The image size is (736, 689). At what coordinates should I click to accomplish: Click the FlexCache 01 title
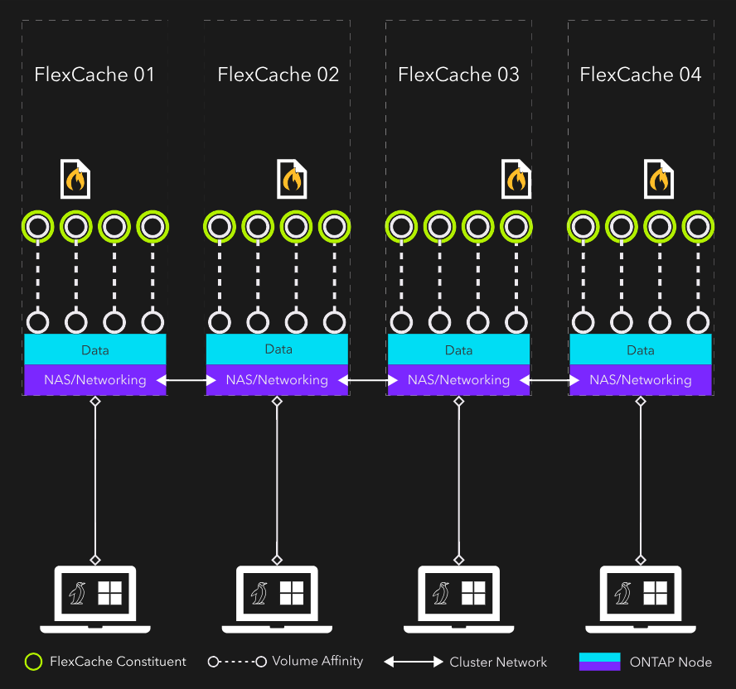pyautogui.click(x=94, y=75)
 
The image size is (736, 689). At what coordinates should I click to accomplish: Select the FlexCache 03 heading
pyautogui.click(x=458, y=75)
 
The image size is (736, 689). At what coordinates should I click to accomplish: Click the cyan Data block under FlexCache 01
pyautogui.click(x=95, y=349)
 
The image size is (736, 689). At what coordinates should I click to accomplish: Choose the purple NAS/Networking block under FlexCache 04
pyautogui.click(x=640, y=380)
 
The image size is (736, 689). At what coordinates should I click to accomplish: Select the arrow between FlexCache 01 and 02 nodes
pyautogui.click(x=186, y=380)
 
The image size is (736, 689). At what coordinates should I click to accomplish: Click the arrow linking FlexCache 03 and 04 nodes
pyautogui.click(x=550, y=380)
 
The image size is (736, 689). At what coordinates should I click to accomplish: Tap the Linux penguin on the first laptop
pyautogui.click(x=78, y=593)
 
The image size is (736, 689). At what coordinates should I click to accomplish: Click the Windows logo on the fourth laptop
pyautogui.click(x=655, y=593)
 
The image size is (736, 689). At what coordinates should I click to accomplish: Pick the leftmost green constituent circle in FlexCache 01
pyautogui.click(x=38, y=225)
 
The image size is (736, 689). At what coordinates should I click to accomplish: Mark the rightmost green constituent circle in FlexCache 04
pyautogui.click(x=698, y=225)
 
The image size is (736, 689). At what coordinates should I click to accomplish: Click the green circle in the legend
pyautogui.click(x=33, y=662)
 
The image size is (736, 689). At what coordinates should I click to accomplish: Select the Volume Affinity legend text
pyautogui.click(x=317, y=661)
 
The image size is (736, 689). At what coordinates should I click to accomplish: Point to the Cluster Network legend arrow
pyautogui.click(x=414, y=662)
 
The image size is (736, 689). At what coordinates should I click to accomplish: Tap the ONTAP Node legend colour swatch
pyautogui.click(x=599, y=662)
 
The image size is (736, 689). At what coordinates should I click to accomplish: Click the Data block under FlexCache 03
pyautogui.click(x=458, y=349)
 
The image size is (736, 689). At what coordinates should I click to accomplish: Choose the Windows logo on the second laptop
pyautogui.click(x=291, y=593)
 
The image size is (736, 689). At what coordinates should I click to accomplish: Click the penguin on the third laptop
pyautogui.click(x=442, y=593)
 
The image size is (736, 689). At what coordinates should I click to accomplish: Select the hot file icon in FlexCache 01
pyautogui.click(x=75, y=179)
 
